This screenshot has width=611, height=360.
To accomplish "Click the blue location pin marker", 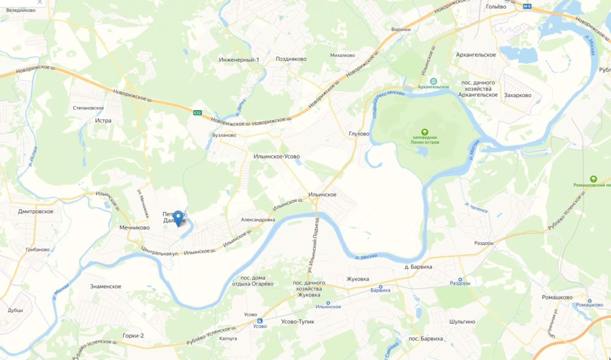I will coord(178,217).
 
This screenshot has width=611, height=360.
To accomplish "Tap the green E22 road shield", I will coord(197,113).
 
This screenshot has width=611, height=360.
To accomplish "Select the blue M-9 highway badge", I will coord(527,6).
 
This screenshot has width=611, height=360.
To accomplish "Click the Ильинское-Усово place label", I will coord(276,157).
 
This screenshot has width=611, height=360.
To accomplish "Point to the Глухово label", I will coord(359,134).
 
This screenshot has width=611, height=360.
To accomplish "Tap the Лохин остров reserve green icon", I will coord(425,132).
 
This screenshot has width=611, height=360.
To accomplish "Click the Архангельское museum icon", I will coord(433,81).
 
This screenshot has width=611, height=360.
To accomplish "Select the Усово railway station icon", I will coord(260,321).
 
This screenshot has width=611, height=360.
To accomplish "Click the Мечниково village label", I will coord(134,228).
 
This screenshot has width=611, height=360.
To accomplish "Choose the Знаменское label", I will coord(106,286).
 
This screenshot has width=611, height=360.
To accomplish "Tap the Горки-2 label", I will coord(133,336).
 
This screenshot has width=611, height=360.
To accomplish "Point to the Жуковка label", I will coord(358,279).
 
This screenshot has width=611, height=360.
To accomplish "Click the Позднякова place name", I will coord(291,59).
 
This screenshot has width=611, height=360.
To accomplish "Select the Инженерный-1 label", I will coord(239,60).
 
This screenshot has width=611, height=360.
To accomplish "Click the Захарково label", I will coord(517,95).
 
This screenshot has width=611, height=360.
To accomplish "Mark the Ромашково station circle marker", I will coord(589,301).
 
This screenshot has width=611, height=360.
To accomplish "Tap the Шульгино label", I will coord(462,322).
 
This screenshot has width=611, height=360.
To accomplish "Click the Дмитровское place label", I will coord(36,211).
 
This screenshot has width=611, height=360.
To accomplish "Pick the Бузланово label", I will coord(224,135).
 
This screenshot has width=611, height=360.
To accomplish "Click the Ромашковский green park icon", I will coord(593,179).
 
